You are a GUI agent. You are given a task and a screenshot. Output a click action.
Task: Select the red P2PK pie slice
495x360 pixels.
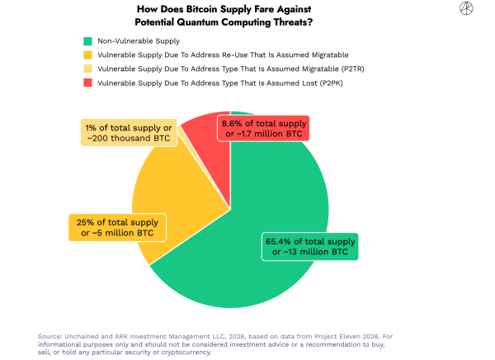click(x=202, y=144)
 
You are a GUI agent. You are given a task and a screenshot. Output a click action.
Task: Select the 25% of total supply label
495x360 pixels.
click(x=118, y=227)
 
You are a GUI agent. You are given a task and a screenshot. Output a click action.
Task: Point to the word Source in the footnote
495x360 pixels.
click(x=50, y=336)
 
